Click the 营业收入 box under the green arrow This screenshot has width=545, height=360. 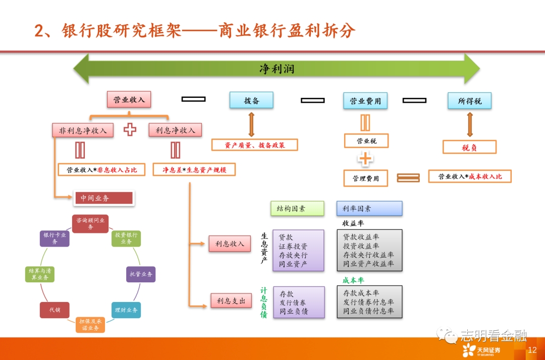(x=129, y=99)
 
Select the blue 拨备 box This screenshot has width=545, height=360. (x=251, y=100)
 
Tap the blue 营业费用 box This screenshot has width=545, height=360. (x=365, y=101)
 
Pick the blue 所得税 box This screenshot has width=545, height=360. (x=469, y=101)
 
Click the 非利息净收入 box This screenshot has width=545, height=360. (x=83, y=131)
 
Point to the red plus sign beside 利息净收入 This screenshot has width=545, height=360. (x=130, y=130)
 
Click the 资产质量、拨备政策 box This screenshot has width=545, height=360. (x=254, y=145)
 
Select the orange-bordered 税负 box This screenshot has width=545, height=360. (x=469, y=147)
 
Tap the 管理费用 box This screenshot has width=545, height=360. (x=366, y=178)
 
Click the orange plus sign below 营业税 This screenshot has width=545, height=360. (x=365, y=159)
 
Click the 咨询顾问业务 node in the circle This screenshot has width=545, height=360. (x=91, y=223)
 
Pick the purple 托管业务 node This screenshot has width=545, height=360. (x=141, y=274)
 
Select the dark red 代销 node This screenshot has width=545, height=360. (x=54, y=310)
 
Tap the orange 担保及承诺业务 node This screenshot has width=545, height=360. (x=91, y=325)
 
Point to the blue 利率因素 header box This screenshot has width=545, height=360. (x=369, y=208)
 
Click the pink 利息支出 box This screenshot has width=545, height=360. (x=231, y=301)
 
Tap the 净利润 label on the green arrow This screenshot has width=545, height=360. (x=277, y=69)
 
